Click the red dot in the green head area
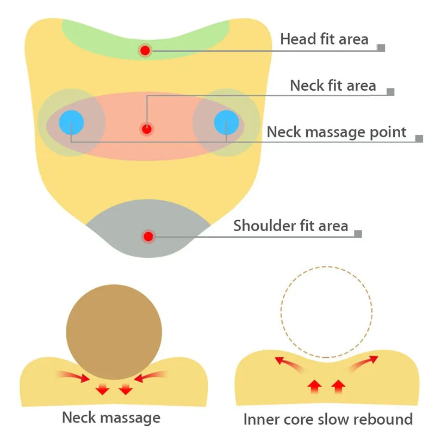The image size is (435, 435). click(145, 51)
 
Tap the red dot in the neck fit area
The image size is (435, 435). click(146, 129)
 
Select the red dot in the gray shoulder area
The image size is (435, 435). click(148, 237)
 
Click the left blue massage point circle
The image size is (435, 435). click(71, 122)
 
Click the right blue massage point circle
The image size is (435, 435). click(226, 122)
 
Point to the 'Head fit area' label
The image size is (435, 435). click(324, 39)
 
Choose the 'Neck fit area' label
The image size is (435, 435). click(333, 85)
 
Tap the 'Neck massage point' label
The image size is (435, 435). click(337, 132)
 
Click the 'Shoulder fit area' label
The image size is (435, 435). click(291, 226)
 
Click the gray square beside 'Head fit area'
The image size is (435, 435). click(381, 48)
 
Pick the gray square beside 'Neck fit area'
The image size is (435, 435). click(390, 92)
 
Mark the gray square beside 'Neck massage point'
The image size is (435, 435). click(419, 139)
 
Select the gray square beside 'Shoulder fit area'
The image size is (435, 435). click(358, 234)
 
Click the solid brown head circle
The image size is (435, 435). click(114, 332)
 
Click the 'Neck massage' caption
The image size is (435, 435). click(111, 417)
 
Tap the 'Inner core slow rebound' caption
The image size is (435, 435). click(328, 419)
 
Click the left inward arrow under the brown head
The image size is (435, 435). click(73, 376)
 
